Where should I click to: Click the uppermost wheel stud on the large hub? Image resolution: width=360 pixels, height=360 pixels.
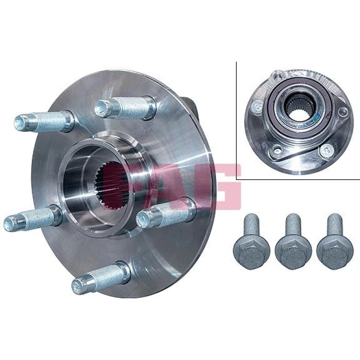pyautogui.click(x=125, y=108)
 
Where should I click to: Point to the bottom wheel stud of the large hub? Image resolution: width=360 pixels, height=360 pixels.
pyautogui.click(x=101, y=278)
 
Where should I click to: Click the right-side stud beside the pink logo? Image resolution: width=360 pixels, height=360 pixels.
pyautogui.click(x=166, y=212)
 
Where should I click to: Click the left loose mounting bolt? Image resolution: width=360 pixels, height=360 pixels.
pyautogui.click(x=252, y=241)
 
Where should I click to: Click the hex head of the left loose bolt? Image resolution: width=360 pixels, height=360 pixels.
pyautogui.click(x=252, y=255)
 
